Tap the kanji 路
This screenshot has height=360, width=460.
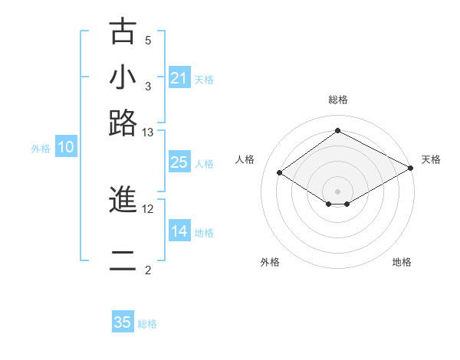point(123,123)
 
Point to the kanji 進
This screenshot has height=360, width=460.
point(123,200)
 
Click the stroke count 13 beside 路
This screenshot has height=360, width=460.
point(148,132)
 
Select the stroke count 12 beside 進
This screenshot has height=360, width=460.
point(148,208)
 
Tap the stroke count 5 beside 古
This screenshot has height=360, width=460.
point(148,40)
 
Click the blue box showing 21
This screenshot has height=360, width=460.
point(179,78)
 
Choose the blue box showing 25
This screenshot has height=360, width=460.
point(179,162)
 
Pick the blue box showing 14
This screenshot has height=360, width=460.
point(179,231)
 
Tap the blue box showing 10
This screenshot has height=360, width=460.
point(66,148)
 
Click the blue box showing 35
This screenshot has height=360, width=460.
point(123,322)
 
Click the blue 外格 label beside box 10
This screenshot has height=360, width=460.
point(41,149)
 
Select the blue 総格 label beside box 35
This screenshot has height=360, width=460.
point(147,324)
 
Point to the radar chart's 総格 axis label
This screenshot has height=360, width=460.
point(338,100)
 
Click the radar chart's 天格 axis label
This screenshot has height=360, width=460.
point(431,159)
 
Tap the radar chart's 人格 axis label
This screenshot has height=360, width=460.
point(245,159)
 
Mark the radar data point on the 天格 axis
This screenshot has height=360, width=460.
point(412,168)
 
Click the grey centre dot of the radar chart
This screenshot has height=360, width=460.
point(338,191)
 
